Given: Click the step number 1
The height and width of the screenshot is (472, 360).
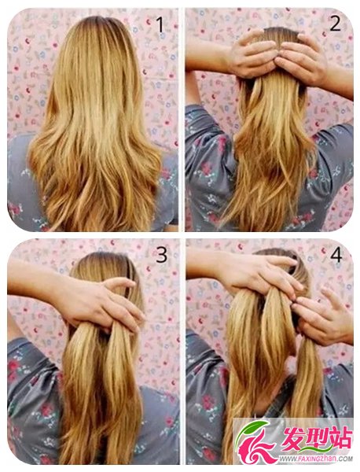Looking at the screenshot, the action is [160, 25].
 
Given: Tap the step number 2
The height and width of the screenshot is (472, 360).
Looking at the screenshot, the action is [335, 23].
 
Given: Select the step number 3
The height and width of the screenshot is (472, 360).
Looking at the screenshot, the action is [161, 255].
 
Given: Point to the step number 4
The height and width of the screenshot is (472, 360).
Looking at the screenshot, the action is [336, 255].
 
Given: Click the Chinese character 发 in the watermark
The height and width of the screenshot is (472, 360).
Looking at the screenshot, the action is [292, 439].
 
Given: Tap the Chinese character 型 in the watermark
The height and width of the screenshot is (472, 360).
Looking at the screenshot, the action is [316, 439].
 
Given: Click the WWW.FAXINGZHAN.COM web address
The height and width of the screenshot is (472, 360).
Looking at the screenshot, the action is [315, 459].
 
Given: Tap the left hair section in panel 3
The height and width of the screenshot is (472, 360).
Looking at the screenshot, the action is [79, 391].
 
